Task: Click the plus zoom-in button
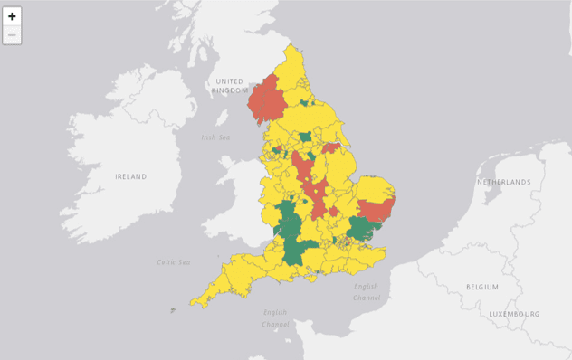[x=13, y=16]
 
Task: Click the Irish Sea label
[x=215, y=137]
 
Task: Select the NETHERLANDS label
[x=503, y=183]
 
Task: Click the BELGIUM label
[x=481, y=286]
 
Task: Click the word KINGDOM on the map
[x=231, y=91]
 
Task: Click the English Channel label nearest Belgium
[x=367, y=291]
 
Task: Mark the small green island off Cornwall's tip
[x=172, y=311]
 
